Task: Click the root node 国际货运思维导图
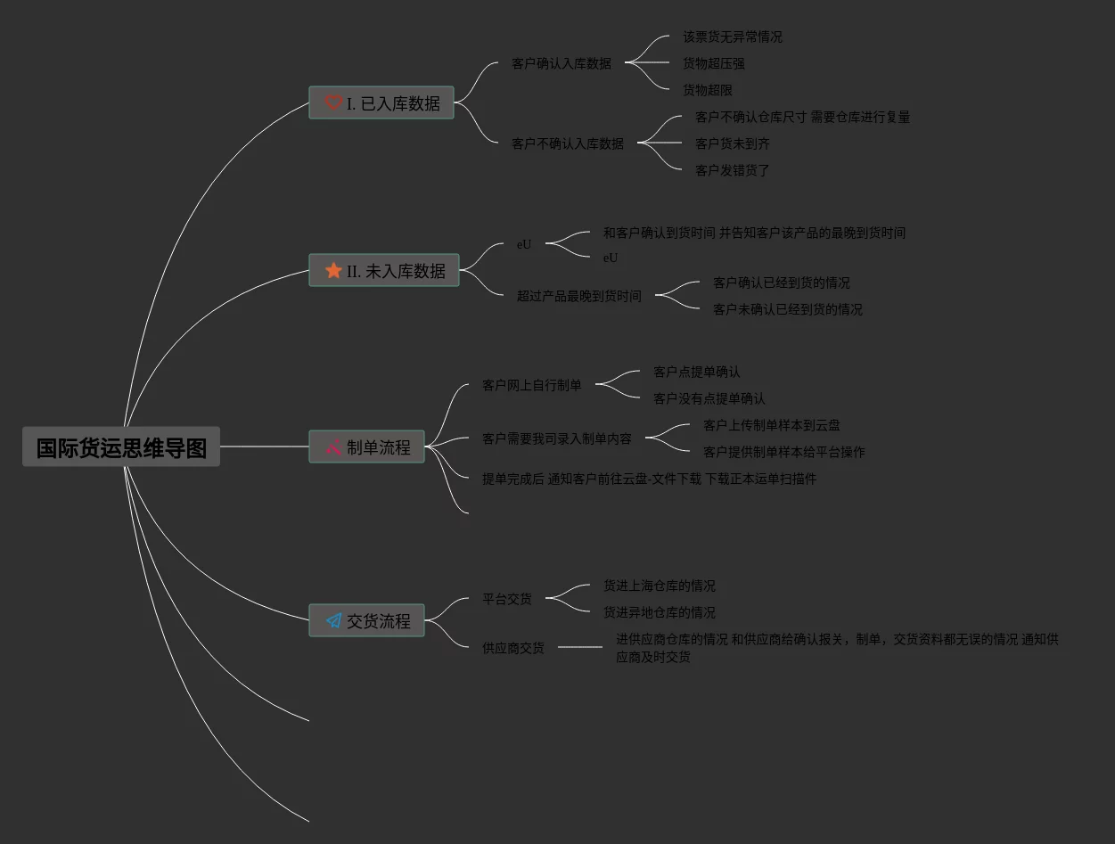coord(121,447)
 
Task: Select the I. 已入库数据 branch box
coord(381,103)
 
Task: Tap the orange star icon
coord(333,270)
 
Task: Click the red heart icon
coord(333,103)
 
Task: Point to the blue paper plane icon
coord(333,620)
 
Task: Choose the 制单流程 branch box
coord(366,447)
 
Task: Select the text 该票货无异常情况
coord(733,37)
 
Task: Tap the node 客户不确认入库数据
coord(568,143)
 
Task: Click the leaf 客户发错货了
coord(733,170)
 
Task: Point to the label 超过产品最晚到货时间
coord(579,296)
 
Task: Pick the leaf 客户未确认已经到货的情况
coord(788,309)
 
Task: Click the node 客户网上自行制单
coord(532,385)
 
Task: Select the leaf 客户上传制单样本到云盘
coord(772,425)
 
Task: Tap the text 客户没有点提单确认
coord(709,398)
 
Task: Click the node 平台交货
coord(507,599)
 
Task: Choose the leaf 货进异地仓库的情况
coord(660,612)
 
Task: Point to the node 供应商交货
coord(513,648)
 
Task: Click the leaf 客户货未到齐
coord(733,143)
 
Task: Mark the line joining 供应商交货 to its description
coord(580,647)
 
